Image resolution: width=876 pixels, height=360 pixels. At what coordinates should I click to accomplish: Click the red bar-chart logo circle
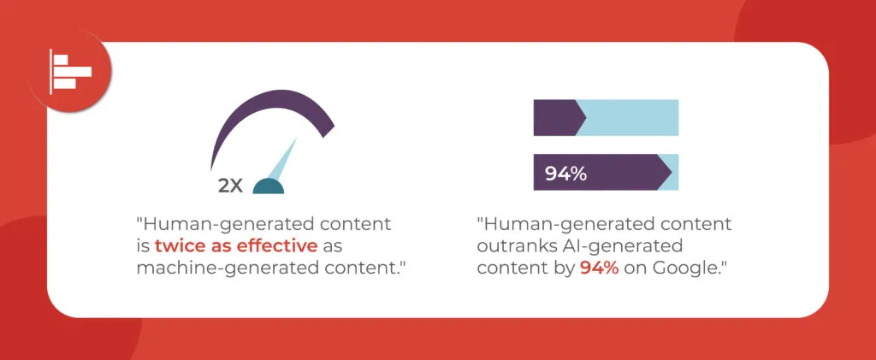point(70,71)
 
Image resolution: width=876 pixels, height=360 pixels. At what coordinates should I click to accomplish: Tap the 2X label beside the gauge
point(230,186)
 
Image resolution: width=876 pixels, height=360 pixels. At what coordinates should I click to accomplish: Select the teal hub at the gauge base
point(268,186)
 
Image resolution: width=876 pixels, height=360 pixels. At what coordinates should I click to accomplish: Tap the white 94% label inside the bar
point(565,174)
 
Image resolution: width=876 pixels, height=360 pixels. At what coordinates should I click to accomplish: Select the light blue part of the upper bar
point(630,118)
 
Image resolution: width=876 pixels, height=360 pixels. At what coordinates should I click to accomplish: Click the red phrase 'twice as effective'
point(236,246)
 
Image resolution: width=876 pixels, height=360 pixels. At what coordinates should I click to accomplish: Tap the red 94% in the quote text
point(600,268)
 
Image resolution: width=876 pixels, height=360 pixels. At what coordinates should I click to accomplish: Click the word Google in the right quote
point(684,269)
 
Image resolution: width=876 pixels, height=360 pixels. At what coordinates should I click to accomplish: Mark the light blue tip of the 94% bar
point(674,172)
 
